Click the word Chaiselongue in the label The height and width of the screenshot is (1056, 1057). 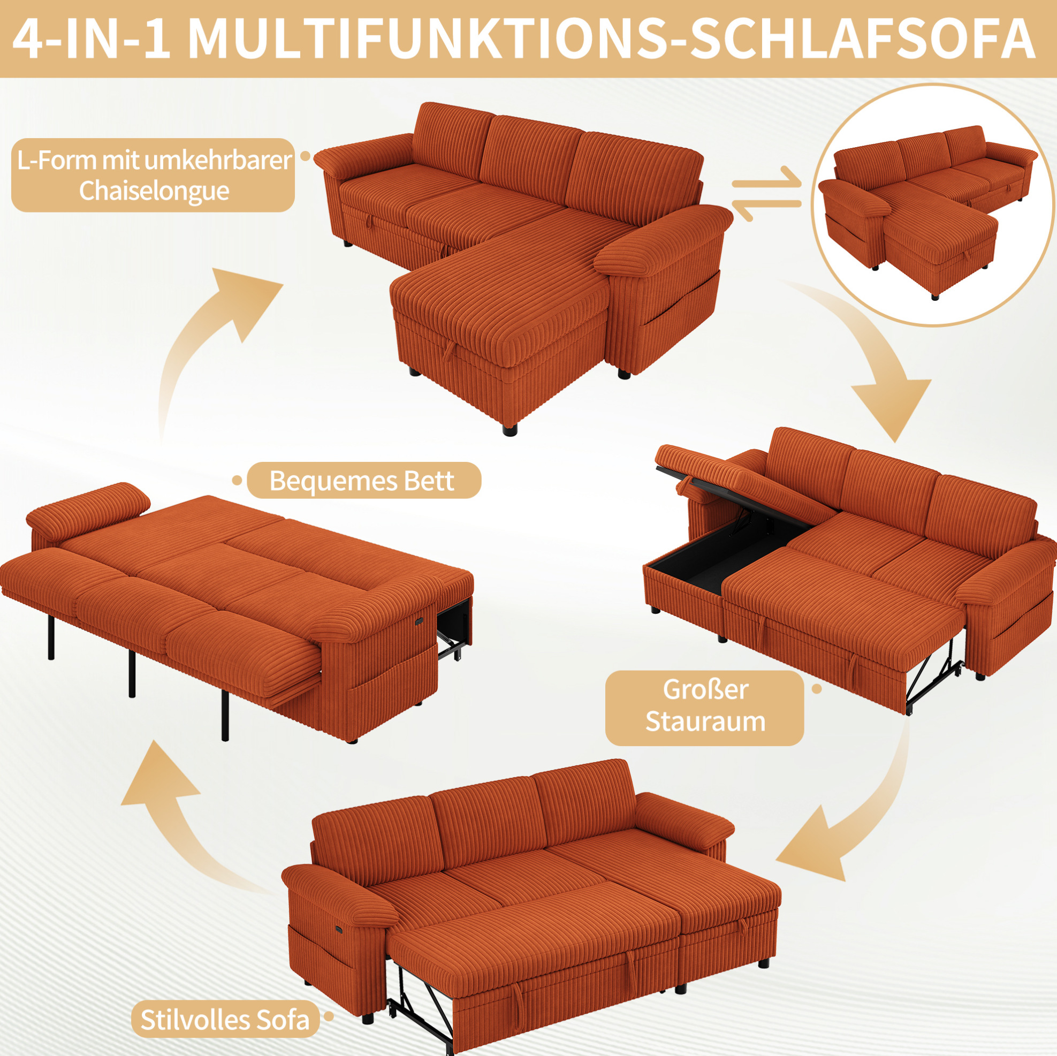coord(154,191)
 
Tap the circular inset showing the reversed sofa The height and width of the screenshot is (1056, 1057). coord(933,205)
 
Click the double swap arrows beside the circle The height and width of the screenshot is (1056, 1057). coord(766,193)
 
